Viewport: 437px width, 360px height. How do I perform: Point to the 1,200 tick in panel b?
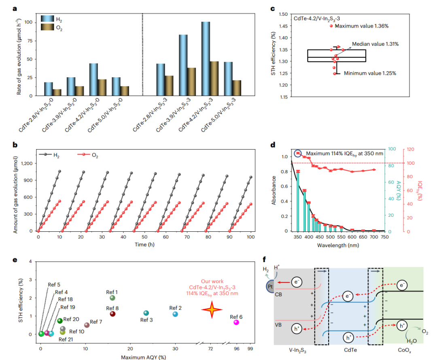coord(27,163)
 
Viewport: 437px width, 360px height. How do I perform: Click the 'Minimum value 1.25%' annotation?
coord(369,74)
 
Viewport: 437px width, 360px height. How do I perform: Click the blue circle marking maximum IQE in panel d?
coord(298,153)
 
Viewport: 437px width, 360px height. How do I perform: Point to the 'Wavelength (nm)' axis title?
coord(337,245)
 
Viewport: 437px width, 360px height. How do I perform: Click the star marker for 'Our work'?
coord(212,310)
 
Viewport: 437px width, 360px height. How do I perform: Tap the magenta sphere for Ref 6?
coord(236,322)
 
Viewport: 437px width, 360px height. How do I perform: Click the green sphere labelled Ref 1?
coord(112,298)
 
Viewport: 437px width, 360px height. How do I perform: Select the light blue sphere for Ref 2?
coord(175,314)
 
